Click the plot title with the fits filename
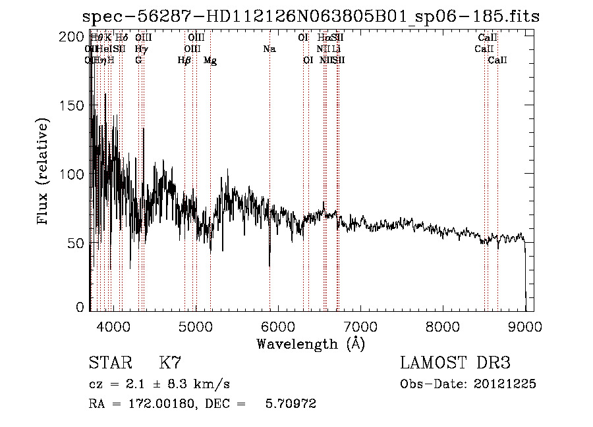point(310,16)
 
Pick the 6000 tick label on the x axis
point(278,325)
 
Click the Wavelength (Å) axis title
point(310,343)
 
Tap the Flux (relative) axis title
point(43,173)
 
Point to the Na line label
point(269,49)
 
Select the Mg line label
point(210,61)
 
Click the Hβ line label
point(184,61)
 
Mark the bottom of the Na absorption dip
point(269,266)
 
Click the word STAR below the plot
point(109,363)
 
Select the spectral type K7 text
point(170,363)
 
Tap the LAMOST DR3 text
point(455,363)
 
